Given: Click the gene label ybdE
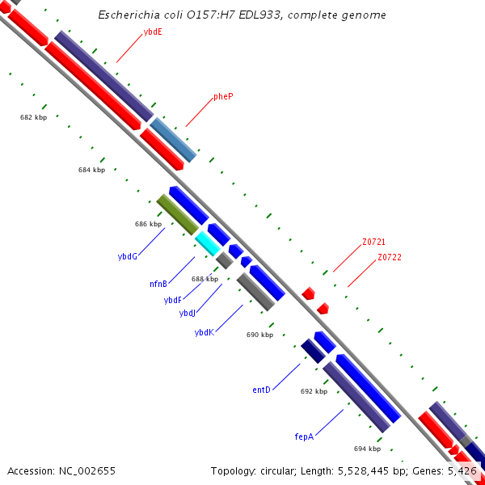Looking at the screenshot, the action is [x=152, y=32].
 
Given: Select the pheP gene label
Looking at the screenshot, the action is [x=223, y=96].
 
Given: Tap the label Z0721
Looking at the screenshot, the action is [x=373, y=242].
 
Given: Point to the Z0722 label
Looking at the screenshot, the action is [x=389, y=257].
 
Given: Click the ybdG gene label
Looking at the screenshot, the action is [x=127, y=256].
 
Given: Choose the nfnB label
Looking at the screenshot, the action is [x=158, y=284].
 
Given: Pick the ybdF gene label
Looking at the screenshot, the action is [x=172, y=300].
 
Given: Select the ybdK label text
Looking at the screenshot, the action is [x=204, y=332].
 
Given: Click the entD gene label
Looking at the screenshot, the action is [x=261, y=390].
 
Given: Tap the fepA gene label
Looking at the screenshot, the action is [x=304, y=436].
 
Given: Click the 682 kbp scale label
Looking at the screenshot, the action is [x=33, y=117].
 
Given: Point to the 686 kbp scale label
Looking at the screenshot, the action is [x=148, y=224].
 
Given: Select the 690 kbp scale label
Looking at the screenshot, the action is [x=259, y=335].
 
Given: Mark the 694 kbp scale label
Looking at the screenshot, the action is [x=367, y=449].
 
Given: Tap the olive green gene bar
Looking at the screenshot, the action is [x=177, y=214].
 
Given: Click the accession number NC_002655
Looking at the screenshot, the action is [x=81, y=470].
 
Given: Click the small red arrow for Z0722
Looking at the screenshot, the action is [x=323, y=308].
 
